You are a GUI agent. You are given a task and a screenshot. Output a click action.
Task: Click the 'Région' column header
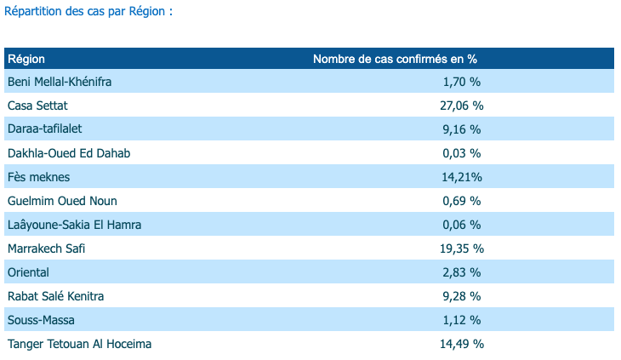click(26, 59)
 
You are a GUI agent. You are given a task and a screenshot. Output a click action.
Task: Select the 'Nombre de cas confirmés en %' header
click(395, 59)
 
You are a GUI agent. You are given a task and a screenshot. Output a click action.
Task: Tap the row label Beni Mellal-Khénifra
click(60, 82)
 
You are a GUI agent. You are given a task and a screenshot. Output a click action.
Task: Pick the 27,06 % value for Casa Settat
click(463, 106)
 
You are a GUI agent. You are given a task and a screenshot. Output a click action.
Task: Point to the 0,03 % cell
click(462, 153)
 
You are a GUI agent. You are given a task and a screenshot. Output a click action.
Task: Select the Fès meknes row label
click(38, 177)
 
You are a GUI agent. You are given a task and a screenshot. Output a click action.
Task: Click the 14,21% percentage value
click(462, 177)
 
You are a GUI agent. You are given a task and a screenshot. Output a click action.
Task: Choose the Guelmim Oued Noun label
click(62, 201)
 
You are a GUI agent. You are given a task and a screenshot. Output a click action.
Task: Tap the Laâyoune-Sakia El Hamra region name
click(74, 225)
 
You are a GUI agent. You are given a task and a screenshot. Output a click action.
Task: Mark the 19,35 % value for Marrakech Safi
click(463, 249)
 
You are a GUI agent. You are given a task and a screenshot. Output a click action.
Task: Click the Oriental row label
click(28, 272)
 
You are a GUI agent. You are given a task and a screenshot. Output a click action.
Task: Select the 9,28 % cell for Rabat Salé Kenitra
click(462, 296)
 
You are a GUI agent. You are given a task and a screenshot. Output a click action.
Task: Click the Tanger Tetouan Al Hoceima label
click(80, 344)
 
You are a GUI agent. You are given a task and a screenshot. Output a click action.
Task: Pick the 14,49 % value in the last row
click(463, 344)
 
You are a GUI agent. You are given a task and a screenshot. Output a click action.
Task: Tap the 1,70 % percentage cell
click(462, 82)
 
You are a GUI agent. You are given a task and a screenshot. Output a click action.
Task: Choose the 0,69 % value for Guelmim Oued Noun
click(462, 201)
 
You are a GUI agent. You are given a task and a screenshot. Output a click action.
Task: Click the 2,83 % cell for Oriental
click(462, 272)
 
